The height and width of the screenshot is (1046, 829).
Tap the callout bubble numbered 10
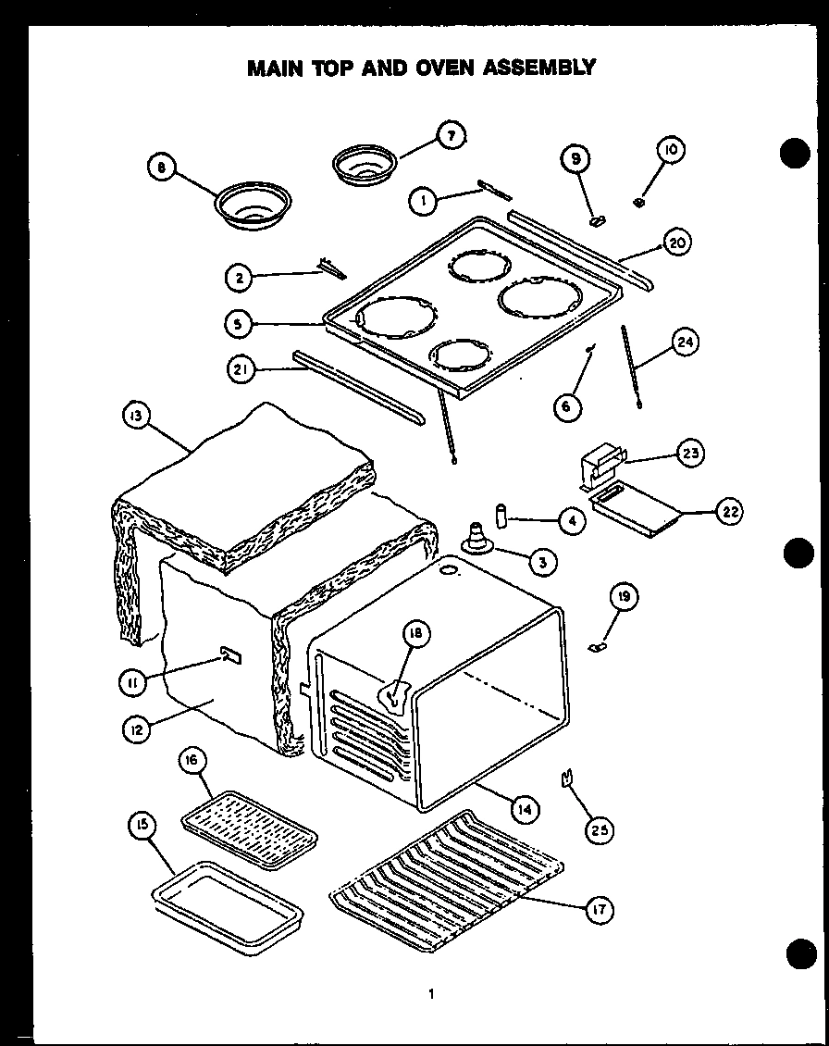(x=671, y=150)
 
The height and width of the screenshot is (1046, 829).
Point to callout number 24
(x=684, y=343)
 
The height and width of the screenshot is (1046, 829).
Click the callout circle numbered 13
(x=136, y=418)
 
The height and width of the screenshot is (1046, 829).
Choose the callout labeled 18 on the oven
(x=415, y=633)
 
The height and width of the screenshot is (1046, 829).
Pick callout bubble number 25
(x=600, y=829)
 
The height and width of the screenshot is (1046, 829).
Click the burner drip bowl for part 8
(x=253, y=206)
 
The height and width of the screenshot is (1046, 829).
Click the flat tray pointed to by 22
(x=637, y=512)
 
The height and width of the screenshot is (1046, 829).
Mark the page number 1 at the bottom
(x=430, y=995)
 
